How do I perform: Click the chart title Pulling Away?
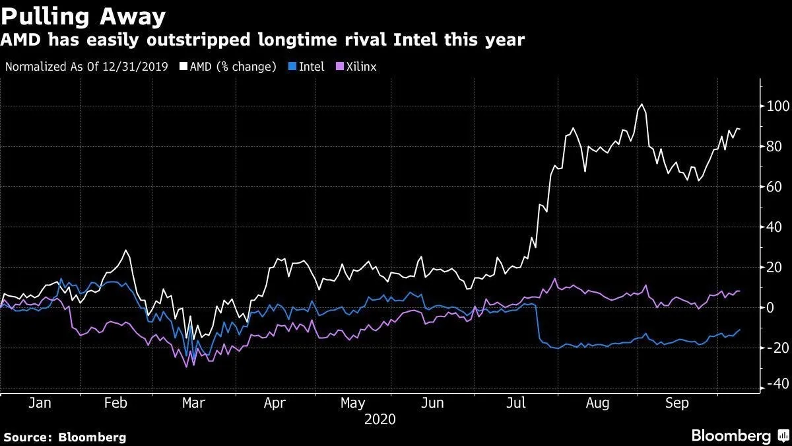coord(83,15)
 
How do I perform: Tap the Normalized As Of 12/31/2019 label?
coord(86,67)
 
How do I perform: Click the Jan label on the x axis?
coord(40,403)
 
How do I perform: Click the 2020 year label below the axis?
coord(379,419)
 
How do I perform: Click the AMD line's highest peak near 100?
coord(641,104)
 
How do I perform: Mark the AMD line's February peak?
coord(125,251)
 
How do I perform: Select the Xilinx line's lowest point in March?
coord(187,366)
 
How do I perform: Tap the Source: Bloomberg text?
coord(65,437)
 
